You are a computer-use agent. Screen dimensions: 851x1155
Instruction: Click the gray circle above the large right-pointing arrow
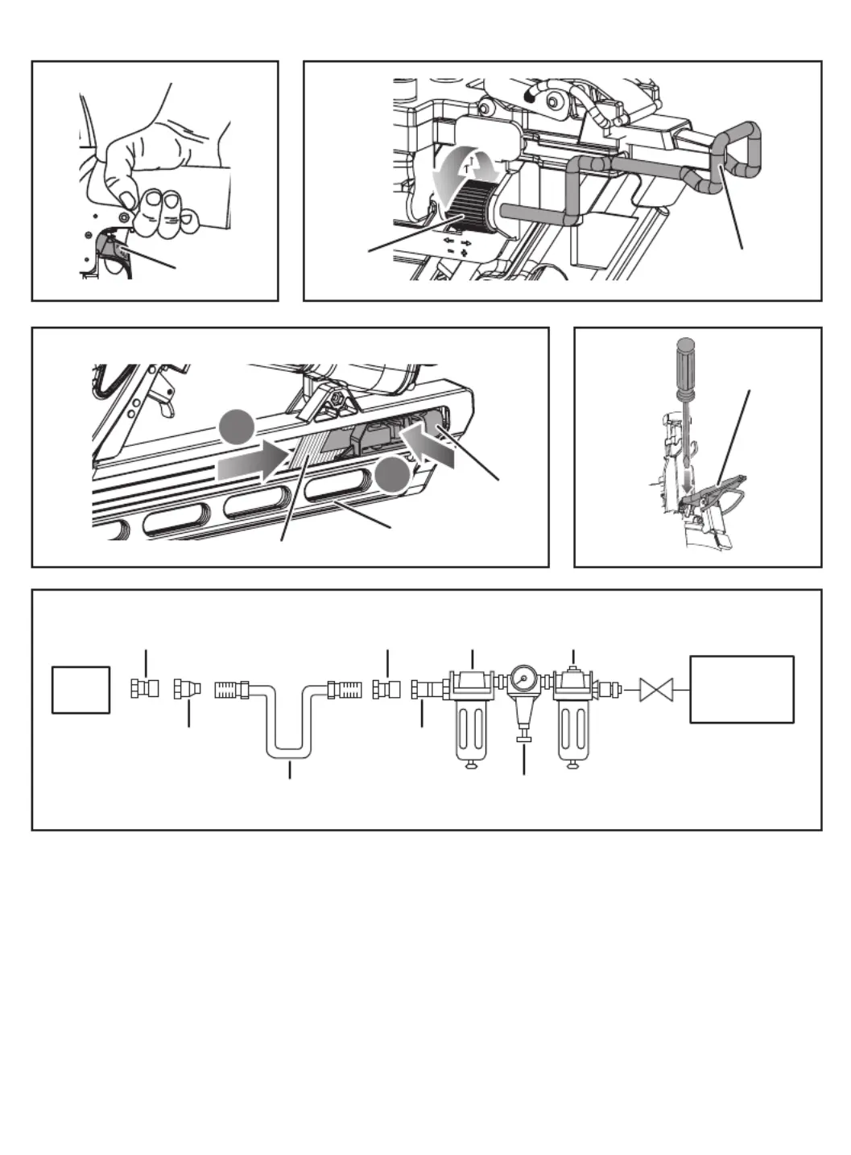238,427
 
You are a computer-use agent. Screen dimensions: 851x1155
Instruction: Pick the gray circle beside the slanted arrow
394,477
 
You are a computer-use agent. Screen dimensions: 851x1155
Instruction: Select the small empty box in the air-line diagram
81,690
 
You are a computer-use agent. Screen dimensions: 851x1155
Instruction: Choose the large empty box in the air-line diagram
742,689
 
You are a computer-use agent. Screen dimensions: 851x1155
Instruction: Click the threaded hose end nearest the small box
231,690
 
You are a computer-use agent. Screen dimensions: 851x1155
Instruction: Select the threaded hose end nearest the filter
346,690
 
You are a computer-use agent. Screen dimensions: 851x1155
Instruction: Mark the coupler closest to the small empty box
144,689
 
